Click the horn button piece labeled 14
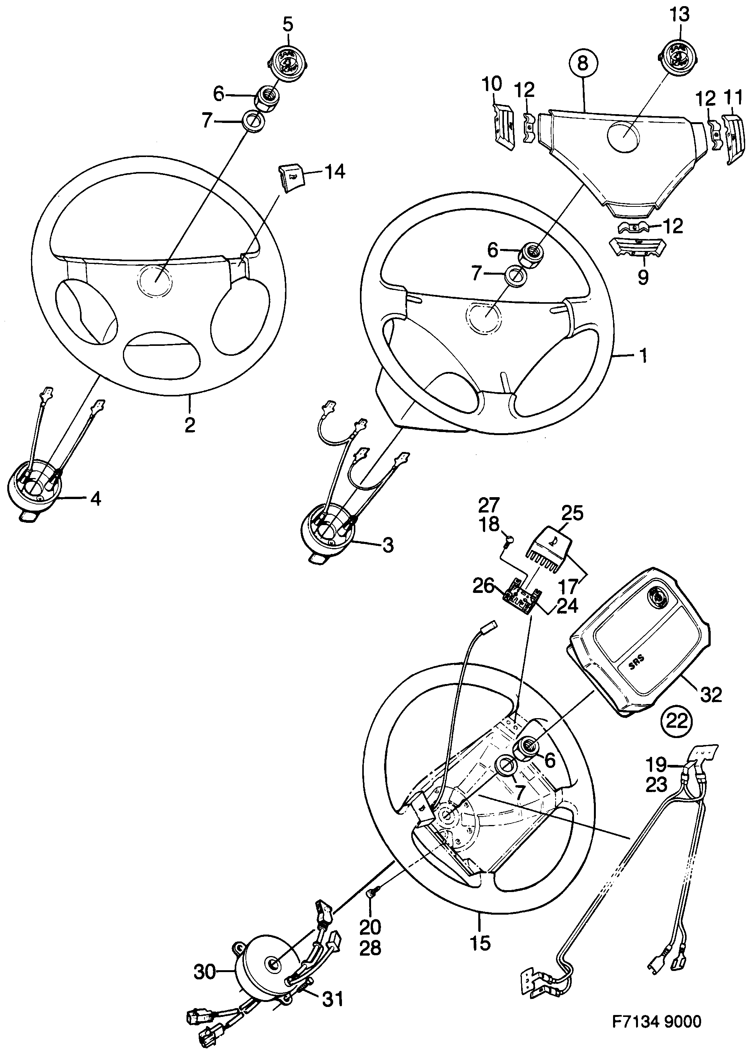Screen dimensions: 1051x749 [x=289, y=178]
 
